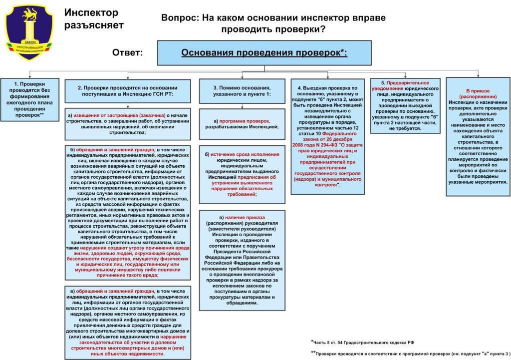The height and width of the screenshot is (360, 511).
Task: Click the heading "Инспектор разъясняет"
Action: pos(94,18)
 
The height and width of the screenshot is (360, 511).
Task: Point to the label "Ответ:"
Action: pos(128,52)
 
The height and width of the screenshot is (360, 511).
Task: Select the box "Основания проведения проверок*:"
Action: pos(264,52)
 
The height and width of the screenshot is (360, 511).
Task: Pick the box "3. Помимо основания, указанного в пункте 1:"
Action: pos(243,91)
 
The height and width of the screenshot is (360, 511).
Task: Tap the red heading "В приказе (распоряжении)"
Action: pos(478,93)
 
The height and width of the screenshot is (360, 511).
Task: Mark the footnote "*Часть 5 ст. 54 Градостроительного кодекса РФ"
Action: pos(363,342)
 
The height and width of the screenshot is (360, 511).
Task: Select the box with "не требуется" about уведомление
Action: pos(405,105)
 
